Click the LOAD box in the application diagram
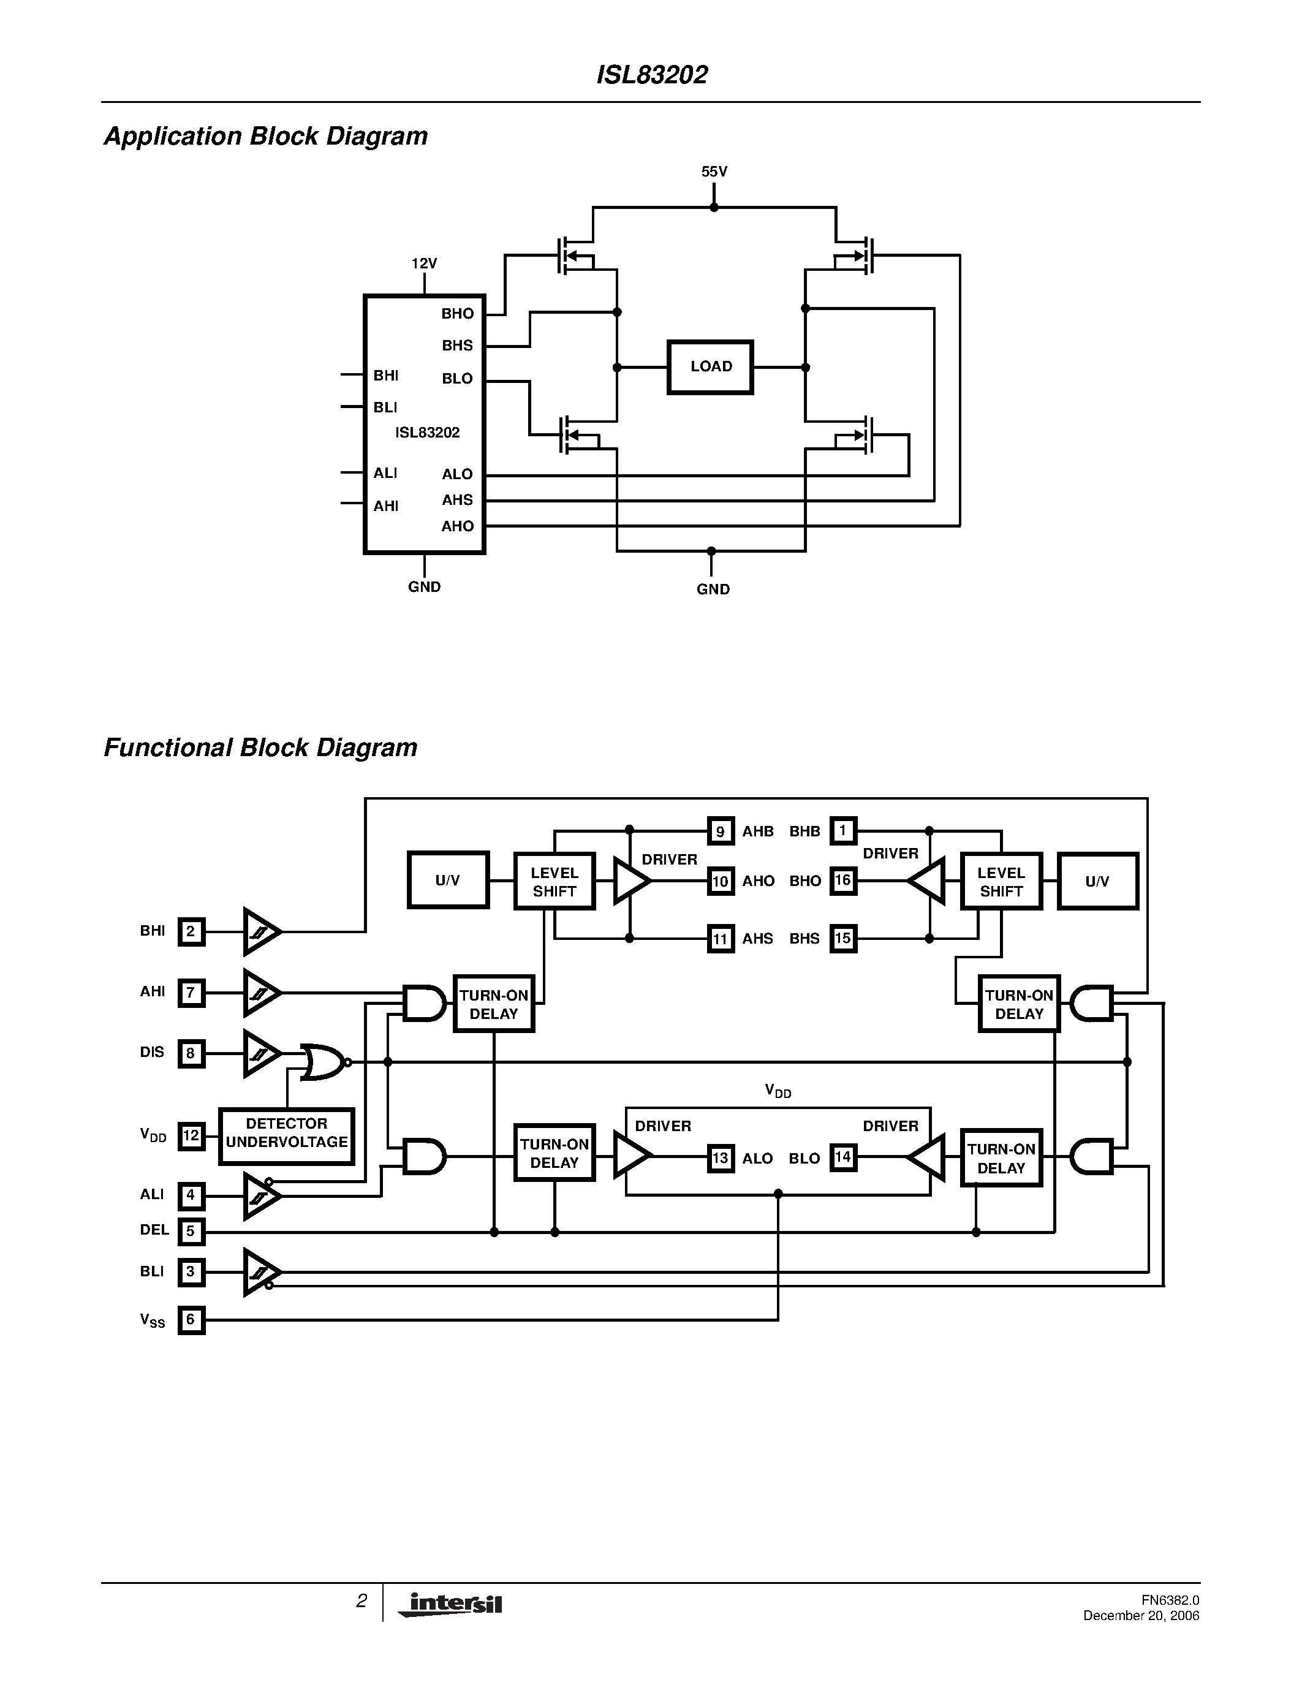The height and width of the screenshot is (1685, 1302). pos(710,366)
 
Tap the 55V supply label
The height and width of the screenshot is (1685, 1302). pos(713,172)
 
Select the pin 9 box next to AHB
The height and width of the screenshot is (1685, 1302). pos(720,831)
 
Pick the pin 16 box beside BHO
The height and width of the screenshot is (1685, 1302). pos(842,880)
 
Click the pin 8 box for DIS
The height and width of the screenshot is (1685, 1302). pos(191,1053)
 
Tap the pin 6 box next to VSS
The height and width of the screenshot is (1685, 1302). pos(191,1319)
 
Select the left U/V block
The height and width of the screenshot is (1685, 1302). pos(447,880)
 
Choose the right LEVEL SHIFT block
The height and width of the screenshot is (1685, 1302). pos(1001,881)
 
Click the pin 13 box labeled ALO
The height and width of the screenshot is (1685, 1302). pos(720,1158)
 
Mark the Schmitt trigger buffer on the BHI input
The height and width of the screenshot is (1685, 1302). pos(262,931)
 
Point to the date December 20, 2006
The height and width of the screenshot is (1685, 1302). pos(1141,1616)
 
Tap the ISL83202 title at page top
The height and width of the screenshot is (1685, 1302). pos(652,75)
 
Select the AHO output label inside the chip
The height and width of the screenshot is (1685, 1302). pos(458,526)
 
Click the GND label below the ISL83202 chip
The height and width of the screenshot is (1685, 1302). pos(424,587)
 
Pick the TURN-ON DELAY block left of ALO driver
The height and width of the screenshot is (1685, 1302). pos(554,1153)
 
